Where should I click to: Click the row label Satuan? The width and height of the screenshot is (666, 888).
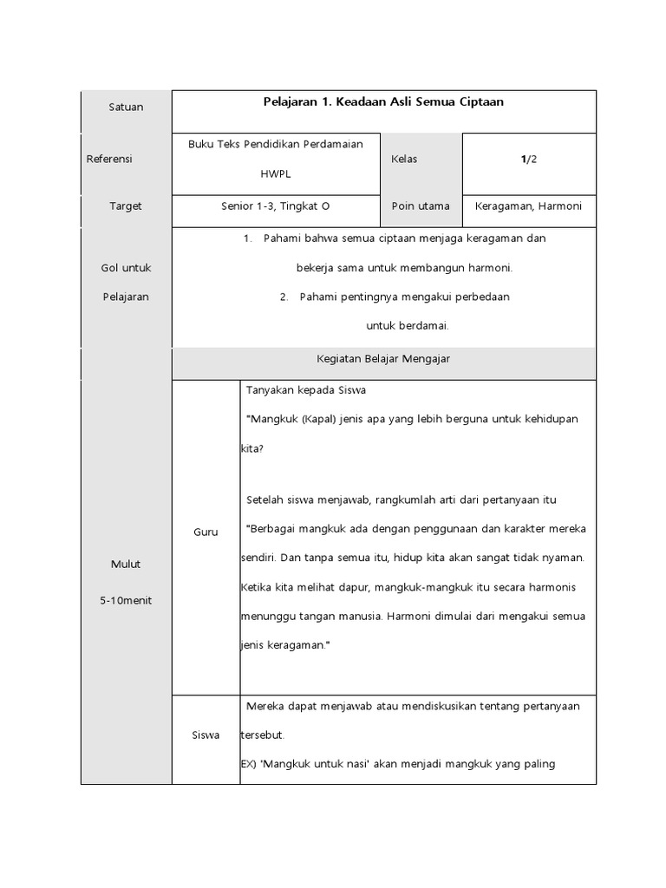pyautogui.click(x=126, y=108)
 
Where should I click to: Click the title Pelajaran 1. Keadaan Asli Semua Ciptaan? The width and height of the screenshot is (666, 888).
pyautogui.click(x=383, y=102)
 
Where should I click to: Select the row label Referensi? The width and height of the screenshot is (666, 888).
pyautogui.click(x=109, y=160)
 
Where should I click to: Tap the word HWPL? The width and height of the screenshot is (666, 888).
pyautogui.click(x=276, y=173)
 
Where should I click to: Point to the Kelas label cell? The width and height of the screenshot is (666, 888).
pyautogui.click(x=404, y=160)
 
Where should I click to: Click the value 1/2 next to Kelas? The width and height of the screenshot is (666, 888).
pyautogui.click(x=529, y=160)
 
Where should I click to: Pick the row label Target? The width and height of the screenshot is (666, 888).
pyautogui.click(x=126, y=206)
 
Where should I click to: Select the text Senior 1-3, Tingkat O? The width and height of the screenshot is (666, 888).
pyautogui.click(x=276, y=206)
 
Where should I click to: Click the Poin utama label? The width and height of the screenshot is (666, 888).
pyautogui.click(x=421, y=206)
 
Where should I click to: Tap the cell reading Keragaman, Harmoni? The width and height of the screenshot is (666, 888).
pyautogui.click(x=529, y=206)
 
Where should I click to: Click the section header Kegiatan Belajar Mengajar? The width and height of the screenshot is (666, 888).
pyautogui.click(x=382, y=358)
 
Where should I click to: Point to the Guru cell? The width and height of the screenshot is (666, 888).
pyautogui.click(x=206, y=532)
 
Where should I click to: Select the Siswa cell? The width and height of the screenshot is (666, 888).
pyautogui.click(x=206, y=735)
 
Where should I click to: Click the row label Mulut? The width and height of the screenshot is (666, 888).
pyautogui.click(x=126, y=565)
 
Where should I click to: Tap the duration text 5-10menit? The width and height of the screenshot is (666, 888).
pyautogui.click(x=126, y=601)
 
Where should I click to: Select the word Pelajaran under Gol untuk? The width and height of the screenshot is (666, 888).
pyautogui.click(x=126, y=297)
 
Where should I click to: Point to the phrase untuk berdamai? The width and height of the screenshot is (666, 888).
pyautogui.click(x=407, y=326)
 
